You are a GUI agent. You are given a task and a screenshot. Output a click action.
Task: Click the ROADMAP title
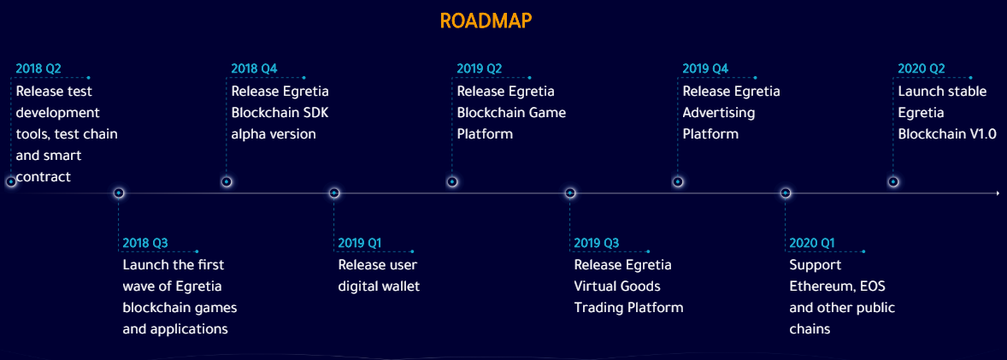[x=486, y=21]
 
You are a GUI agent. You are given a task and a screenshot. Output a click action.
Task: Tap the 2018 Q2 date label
[x=38, y=68]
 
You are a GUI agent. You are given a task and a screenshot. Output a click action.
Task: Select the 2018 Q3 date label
[x=145, y=243]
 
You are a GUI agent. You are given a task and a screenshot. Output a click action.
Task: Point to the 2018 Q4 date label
[x=255, y=68]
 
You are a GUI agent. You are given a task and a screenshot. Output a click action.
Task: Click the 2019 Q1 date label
[x=360, y=243]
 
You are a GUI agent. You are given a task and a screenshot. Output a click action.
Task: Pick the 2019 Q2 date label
[x=480, y=68]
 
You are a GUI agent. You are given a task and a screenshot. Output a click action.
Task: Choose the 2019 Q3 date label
[x=597, y=243]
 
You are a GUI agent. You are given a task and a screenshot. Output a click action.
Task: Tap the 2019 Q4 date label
[x=706, y=68]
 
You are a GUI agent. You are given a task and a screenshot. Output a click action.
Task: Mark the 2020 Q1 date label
[x=812, y=243]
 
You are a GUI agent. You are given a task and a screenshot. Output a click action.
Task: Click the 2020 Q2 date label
[x=922, y=68]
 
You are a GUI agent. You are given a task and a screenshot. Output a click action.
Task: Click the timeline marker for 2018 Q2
[x=11, y=182]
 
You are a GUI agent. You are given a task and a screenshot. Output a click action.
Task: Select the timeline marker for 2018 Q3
[x=119, y=193]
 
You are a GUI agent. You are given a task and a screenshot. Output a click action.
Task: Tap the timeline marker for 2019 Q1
[x=334, y=193]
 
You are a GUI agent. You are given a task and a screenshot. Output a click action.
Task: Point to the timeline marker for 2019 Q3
[x=570, y=193]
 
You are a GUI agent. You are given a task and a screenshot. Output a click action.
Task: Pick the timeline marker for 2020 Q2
[x=893, y=182]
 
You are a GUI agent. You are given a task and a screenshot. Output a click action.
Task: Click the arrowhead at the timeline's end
[x=998, y=193]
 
